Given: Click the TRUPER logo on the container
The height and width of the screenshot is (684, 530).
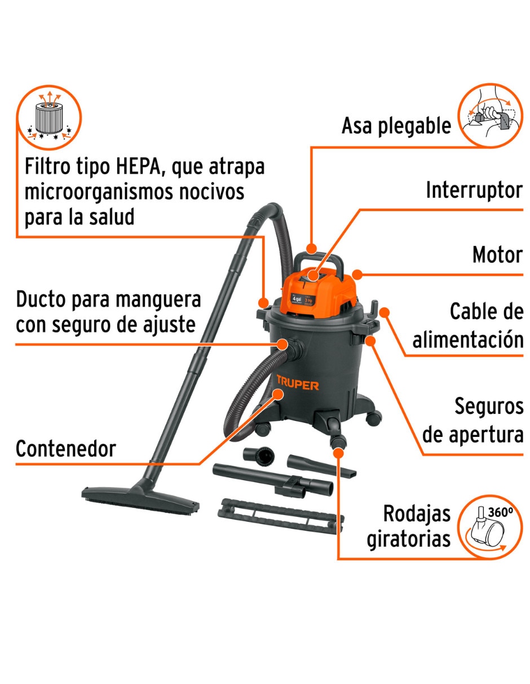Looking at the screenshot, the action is [298, 382].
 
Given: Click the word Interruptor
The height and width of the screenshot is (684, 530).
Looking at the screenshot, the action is [474, 190].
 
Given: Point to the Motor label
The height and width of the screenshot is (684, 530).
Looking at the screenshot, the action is [497, 254].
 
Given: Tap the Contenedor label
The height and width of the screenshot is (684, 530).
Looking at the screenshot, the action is [66, 449].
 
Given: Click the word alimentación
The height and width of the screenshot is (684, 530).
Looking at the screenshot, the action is [468, 339].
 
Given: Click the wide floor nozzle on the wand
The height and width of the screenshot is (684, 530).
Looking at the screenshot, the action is [140, 497].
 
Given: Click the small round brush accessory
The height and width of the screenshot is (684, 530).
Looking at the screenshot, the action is [258, 456].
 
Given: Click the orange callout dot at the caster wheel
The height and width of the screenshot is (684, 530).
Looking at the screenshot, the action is [338, 453].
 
